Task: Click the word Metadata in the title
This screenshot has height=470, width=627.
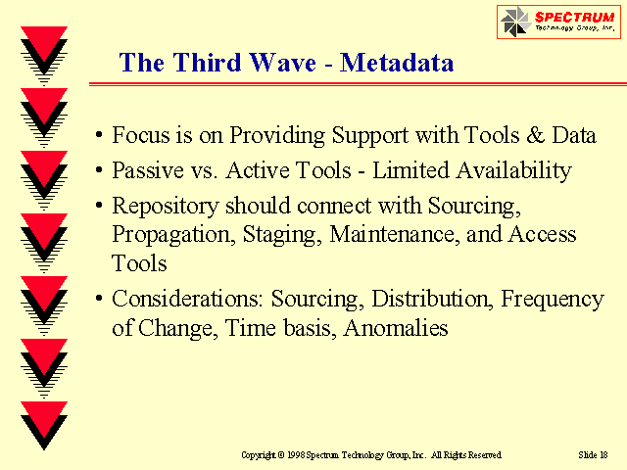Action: pyautogui.click(x=397, y=63)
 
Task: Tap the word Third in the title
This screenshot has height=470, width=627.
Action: pyautogui.click(x=207, y=63)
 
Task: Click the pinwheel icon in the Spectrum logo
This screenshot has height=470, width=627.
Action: pyautogui.click(x=516, y=22)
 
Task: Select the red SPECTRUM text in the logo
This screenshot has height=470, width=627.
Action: pyautogui.click(x=575, y=18)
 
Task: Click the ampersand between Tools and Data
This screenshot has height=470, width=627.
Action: pyautogui.click(x=536, y=135)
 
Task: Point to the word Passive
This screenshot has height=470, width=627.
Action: pyautogui.click(x=148, y=170)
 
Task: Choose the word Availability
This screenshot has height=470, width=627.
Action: pyautogui.click(x=513, y=171)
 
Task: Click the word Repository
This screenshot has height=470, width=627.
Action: pyautogui.click(x=166, y=207)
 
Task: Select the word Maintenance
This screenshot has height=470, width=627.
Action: pyautogui.click(x=395, y=234)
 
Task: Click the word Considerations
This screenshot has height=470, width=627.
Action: pyautogui.click(x=187, y=299)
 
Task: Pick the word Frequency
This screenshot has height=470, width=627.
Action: pyautogui.click(x=553, y=300)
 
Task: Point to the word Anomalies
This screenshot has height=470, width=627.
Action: pyautogui.click(x=396, y=328)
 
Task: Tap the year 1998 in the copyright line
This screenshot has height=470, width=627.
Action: pyautogui.click(x=296, y=454)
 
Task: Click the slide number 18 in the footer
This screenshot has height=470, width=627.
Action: pyautogui.click(x=603, y=454)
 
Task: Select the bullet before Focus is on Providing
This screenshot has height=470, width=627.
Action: pyautogui.click(x=99, y=135)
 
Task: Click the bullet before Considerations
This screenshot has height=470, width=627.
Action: pyautogui.click(x=99, y=299)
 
